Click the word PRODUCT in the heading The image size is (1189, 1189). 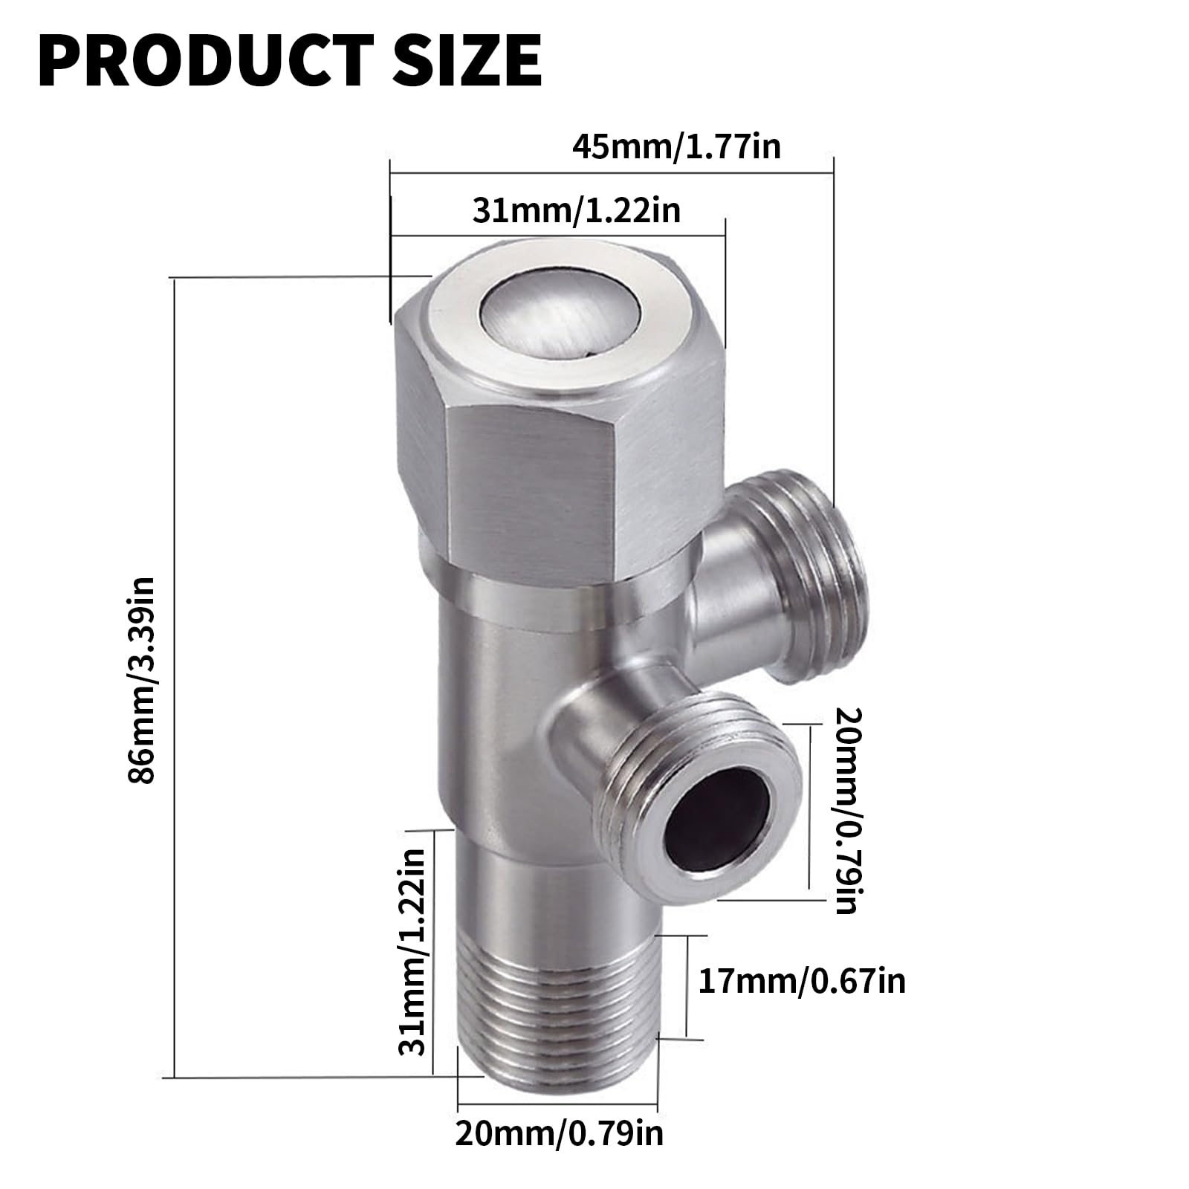coord(203,62)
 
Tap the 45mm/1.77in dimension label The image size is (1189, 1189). coord(676,146)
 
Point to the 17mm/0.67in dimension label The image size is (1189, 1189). coord(802,982)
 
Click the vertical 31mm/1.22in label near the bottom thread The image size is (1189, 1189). coord(412,952)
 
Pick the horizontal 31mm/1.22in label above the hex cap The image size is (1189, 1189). coord(577,210)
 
